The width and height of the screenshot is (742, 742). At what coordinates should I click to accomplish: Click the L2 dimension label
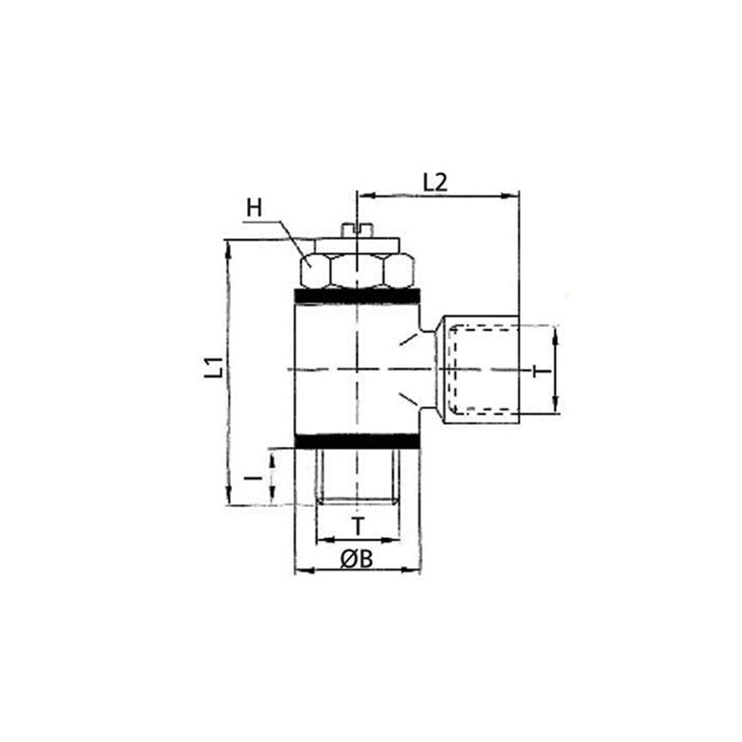[435, 183]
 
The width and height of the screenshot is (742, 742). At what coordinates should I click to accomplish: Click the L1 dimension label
[214, 367]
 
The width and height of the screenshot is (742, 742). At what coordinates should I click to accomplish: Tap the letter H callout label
[254, 208]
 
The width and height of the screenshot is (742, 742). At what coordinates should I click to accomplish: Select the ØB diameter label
[357, 559]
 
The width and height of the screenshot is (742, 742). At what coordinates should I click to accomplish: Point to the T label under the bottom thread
[359, 526]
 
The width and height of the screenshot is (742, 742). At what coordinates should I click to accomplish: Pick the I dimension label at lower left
[254, 478]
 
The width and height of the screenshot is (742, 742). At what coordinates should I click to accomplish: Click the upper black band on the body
[357, 296]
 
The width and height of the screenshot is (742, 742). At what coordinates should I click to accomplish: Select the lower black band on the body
[357, 441]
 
